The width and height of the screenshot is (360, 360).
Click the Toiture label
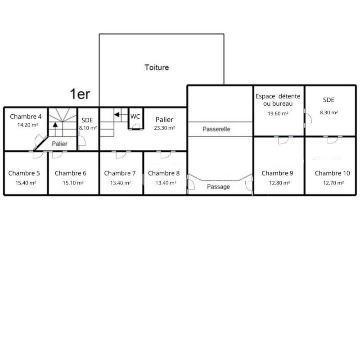tap(157, 67)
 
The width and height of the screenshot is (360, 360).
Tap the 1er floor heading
tap(80, 94)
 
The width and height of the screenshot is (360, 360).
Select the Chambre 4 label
tap(26, 116)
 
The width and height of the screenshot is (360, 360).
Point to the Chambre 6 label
tap(70, 173)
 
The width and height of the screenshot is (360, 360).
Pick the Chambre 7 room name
tap(120, 173)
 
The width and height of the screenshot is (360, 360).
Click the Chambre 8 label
tap(164, 173)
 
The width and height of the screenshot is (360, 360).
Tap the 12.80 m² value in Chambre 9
tap(278, 183)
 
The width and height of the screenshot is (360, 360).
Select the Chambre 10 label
tap(332, 173)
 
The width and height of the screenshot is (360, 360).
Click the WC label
tap(135, 117)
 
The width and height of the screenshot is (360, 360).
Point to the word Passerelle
tap(216, 129)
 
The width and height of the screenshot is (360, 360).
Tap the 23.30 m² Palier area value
tap(164, 128)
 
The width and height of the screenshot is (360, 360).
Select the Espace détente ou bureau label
tap(278, 100)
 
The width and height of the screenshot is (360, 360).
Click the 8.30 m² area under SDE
tap(328, 113)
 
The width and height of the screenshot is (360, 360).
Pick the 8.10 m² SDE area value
tap(87, 128)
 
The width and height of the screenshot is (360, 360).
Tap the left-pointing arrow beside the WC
tap(117, 115)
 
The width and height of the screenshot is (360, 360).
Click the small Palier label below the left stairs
tap(59, 144)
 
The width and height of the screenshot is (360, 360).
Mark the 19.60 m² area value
tap(278, 113)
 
